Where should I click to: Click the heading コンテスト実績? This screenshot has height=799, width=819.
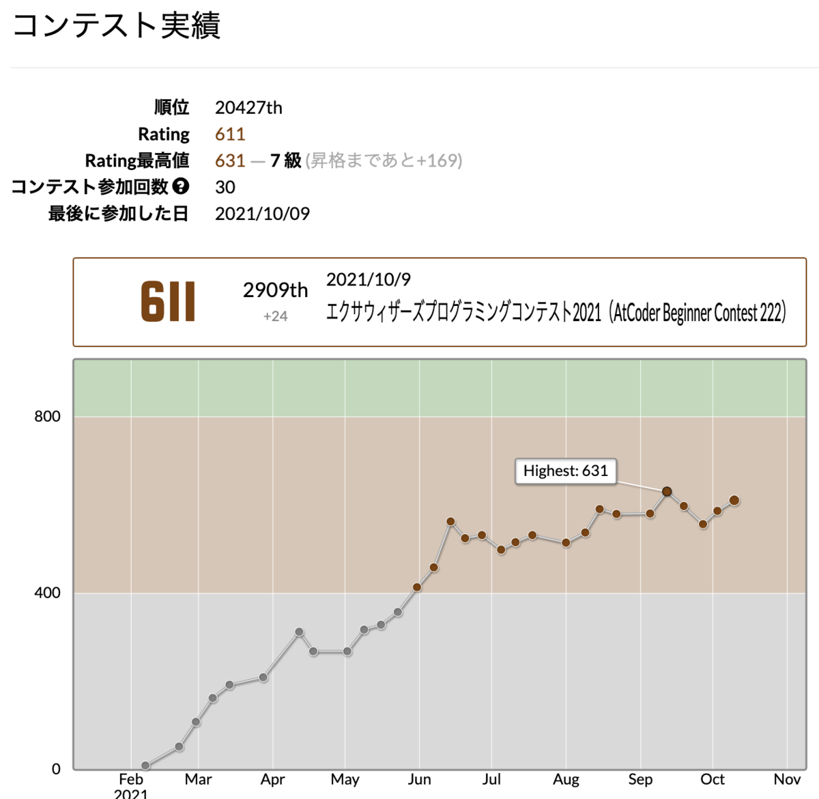point(117,26)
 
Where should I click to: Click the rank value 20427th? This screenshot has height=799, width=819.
point(248,108)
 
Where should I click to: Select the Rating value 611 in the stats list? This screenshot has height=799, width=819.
point(230,135)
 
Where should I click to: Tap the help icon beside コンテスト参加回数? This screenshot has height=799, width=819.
point(181,186)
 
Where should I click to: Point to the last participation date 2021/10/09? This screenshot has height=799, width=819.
point(262,214)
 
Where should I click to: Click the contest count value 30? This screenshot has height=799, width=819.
point(225,187)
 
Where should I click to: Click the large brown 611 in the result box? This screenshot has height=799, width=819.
point(168,303)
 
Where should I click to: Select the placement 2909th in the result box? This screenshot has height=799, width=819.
point(275,291)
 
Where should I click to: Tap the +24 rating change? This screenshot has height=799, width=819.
point(275,316)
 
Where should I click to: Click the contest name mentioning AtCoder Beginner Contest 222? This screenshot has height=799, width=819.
point(556,313)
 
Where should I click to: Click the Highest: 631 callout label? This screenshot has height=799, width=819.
point(565,471)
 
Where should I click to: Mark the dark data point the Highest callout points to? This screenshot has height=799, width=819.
point(667,492)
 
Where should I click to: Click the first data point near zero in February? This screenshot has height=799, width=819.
point(145,766)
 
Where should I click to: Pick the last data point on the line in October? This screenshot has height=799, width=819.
point(734,501)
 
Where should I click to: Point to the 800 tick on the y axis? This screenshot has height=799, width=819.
point(47,417)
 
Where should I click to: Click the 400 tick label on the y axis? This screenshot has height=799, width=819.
point(47,593)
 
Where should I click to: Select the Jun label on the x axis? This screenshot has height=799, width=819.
point(419,780)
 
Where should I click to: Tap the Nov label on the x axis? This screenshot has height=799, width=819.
point(787,780)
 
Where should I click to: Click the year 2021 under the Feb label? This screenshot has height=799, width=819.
point(131,794)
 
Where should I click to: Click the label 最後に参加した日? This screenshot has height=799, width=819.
point(118,214)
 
